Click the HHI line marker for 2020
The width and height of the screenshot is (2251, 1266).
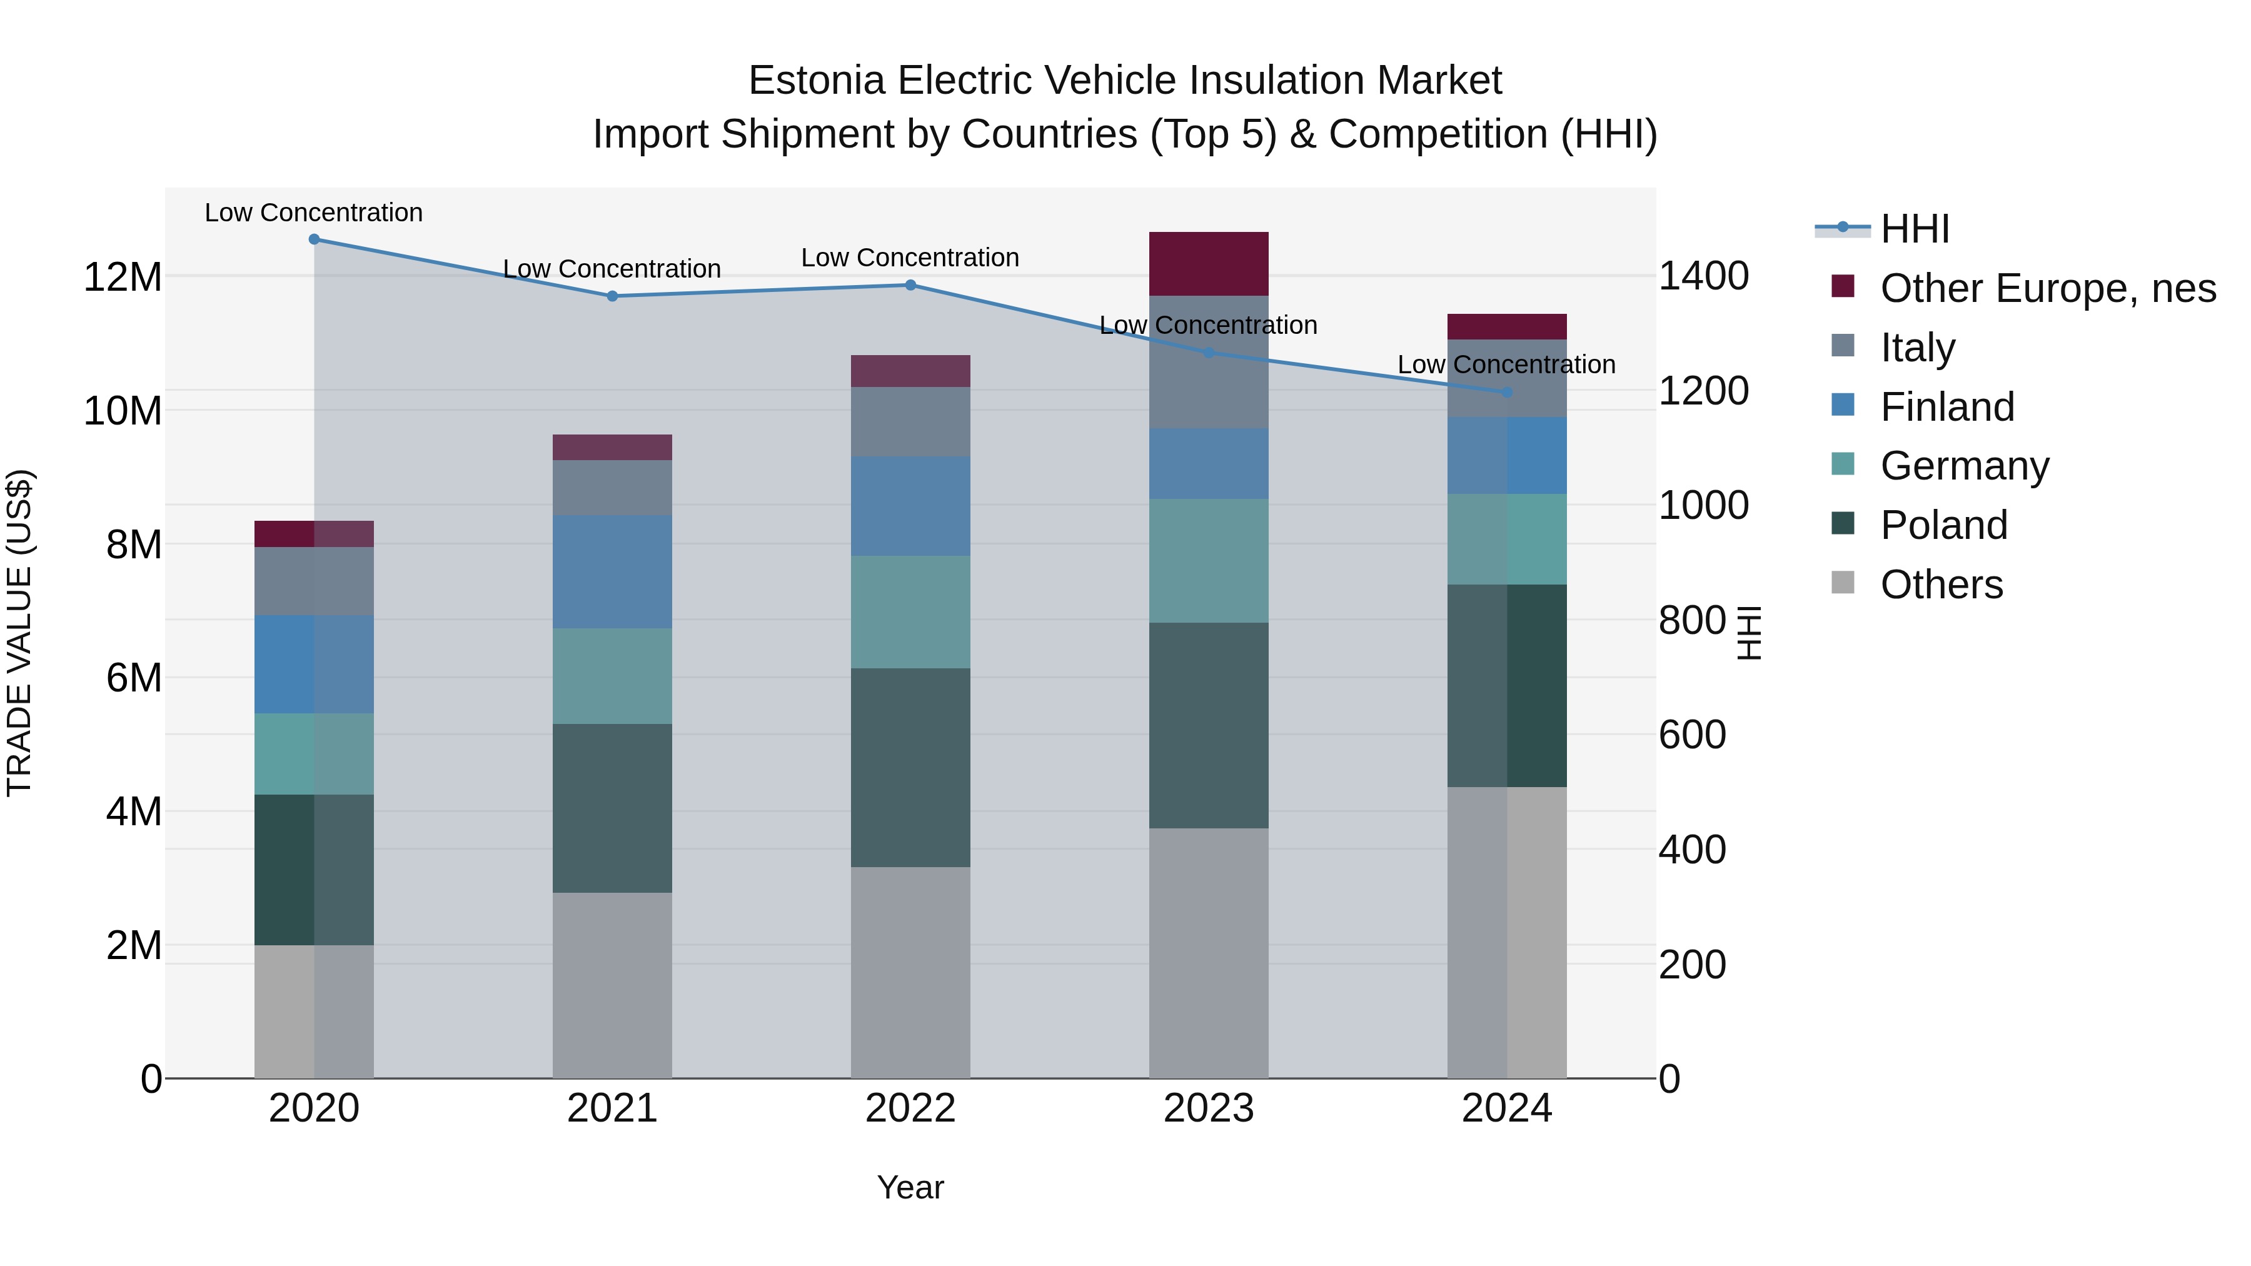(x=314, y=239)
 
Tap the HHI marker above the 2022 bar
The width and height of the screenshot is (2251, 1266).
(x=910, y=285)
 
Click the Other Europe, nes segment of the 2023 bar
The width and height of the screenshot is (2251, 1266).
(x=1209, y=264)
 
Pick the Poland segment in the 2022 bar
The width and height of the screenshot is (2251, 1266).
(x=910, y=768)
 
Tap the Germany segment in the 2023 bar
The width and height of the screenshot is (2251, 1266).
(x=1209, y=561)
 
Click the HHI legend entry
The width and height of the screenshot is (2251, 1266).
(x=1914, y=229)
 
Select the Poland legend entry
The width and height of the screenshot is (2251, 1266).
(x=1943, y=525)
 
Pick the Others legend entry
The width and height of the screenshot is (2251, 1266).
(x=1941, y=585)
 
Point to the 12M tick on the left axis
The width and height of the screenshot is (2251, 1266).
(x=123, y=278)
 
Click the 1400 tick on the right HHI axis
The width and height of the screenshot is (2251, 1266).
(x=1703, y=276)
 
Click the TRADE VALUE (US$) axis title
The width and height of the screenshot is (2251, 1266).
(x=19, y=633)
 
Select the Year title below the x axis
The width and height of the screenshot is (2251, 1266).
(x=910, y=1187)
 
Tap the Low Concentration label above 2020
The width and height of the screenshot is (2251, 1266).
(x=314, y=213)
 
